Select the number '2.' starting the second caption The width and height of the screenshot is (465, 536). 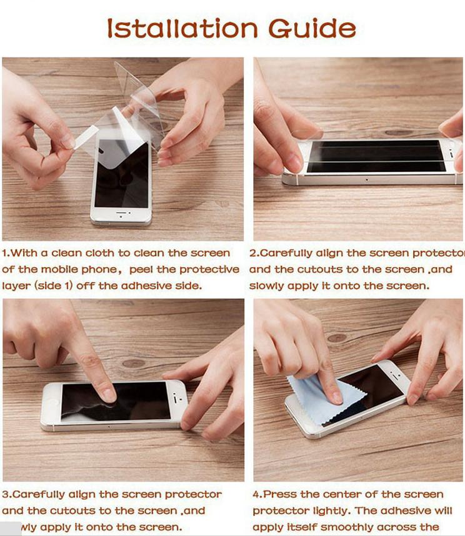pos(254,253)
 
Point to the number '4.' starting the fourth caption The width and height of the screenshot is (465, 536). pos(257,494)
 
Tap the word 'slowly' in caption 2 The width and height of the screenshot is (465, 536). pos(266,286)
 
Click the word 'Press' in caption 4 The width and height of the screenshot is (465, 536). pos(279,494)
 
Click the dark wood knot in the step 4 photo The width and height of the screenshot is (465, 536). pos(337,338)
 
